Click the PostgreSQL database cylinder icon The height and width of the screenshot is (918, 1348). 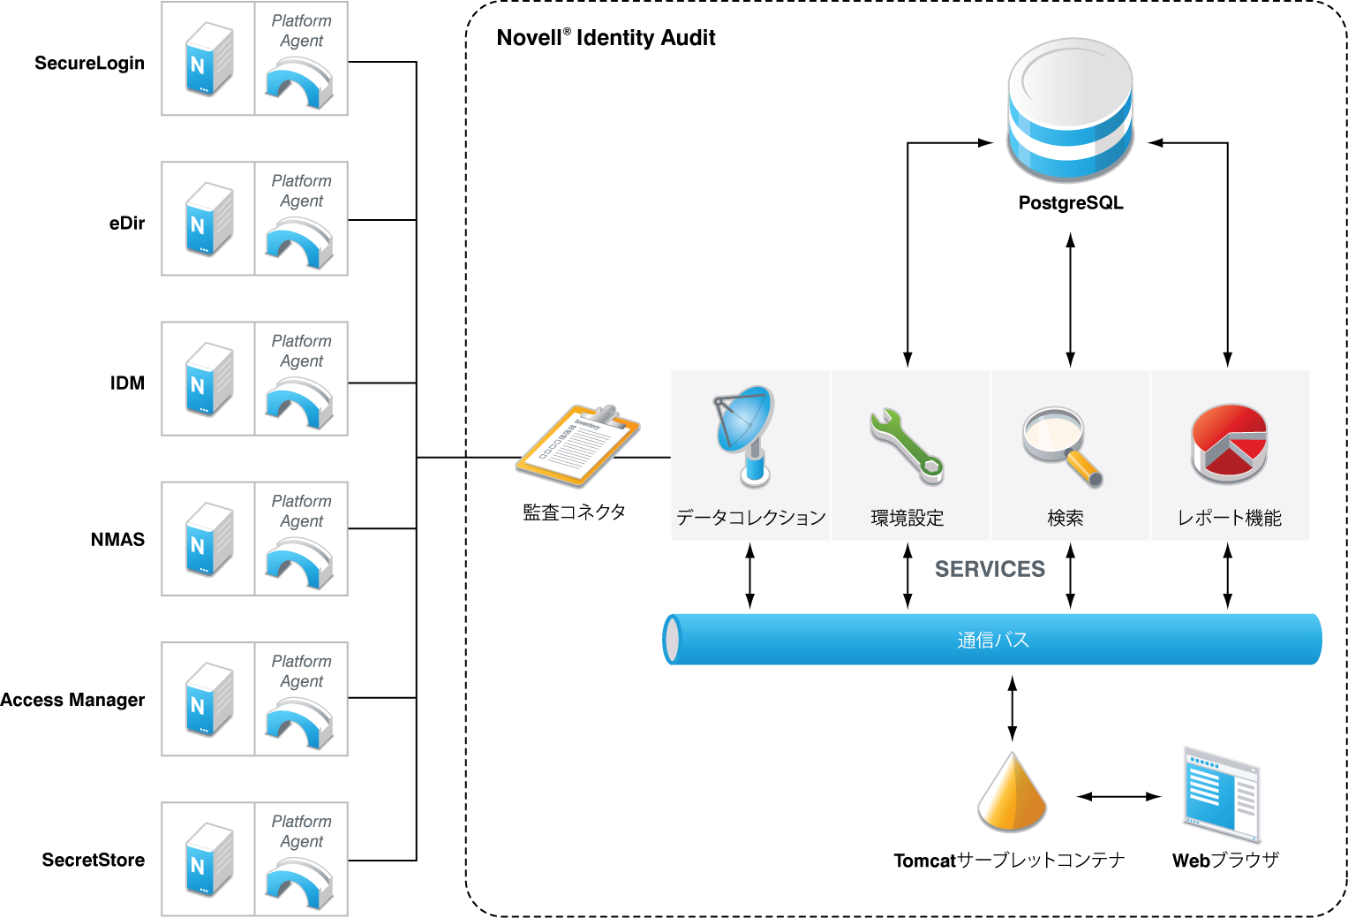pyautogui.click(x=1070, y=110)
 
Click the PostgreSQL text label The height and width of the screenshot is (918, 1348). pyautogui.click(x=1071, y=203)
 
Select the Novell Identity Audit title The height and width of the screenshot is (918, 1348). pyautogui.click(x=606, y=38)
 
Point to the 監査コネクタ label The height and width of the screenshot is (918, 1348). pyautogui.click(x=574, y=512)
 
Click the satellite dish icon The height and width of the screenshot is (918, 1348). pyautogui.click(x=746, y=434)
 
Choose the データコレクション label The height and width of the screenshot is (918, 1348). pyautogui.click(x=750, y=518)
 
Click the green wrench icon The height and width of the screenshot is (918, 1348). pyautogui.click(x=907, y=445)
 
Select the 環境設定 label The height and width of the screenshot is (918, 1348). pyautogui.click(x=907, y=518)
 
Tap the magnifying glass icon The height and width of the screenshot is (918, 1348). pyautogui.click(x=1063, y=445)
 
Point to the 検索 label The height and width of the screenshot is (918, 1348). pyautogui.click(x=1066, y=518)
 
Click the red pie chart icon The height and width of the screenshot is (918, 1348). pyautogui.click(x=1229, y=444)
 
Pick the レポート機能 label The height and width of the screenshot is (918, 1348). pyautogui.click(x=1229, y=518)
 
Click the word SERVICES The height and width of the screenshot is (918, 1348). pyautogui.click(x=990, y=570)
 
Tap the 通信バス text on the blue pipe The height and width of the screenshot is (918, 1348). pyautogui.click(x=993, y=640)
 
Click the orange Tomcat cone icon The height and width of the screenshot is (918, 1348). pyautogui.click(x=1012, y=793)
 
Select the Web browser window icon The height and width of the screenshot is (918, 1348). pyautogui.click(x=1222, y=795)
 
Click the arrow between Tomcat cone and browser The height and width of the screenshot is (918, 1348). pyautogui.click(x=1118, y=797)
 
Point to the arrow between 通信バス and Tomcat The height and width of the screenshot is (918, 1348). pyautogui.click(x=1013, y=709)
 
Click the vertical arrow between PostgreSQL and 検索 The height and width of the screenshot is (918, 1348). pyautogui.click(x=1071, y=300)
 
